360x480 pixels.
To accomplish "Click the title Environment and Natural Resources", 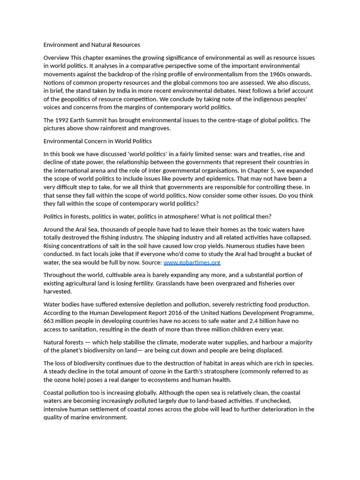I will (x=92, y=45).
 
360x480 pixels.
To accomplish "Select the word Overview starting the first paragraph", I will (x=56, y=58).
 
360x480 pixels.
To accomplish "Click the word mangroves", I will (x=155, y=128).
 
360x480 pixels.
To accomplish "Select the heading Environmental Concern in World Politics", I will (x=97, y=141).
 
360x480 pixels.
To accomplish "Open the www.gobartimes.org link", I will (x=192, y=262).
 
